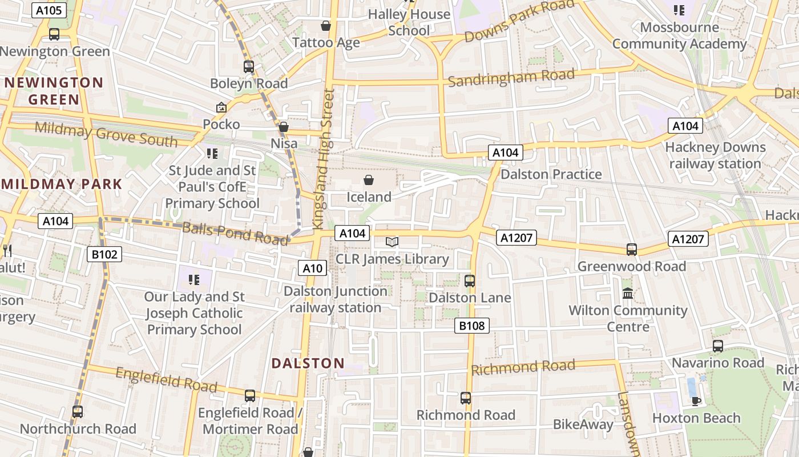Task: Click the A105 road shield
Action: pyautogui.click(x=50, y=10)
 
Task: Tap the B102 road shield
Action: pyautogui.click(x=104, y=254)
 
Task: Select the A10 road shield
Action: pyautogui.click(x=312, y=268)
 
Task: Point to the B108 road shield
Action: pyautogui.click(x=472, y=326)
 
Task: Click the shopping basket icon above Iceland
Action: pyautogui.click(x=369, y=181)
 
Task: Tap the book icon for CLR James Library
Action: pyautogui.click(x=392, y=242)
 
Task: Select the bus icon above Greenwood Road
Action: pyautogui.click(x=631, y=250)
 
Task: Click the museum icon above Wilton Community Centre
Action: pyautogui.click(x=628, y=294)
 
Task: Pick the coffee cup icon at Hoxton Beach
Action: pyautogui.click(x=696, y=400)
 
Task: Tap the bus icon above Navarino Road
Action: pyautogui.click(x=717, y=346)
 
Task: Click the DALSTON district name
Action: pyautogui.click(x=308, y=363)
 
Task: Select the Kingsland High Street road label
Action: pyautogui.click(x=322, y=158)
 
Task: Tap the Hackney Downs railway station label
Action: pyautogui.click(x=715, y=155)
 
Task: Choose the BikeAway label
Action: pyautogui.click(x=583, y=424)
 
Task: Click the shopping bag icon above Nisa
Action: pyautogui.click(x=284, y=127)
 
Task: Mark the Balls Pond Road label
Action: pyautogui.click(x=235, y=233)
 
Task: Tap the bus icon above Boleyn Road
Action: pyautogui.click(x=249, y=67)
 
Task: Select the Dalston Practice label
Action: pyautogui.click(x=551, y=174)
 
